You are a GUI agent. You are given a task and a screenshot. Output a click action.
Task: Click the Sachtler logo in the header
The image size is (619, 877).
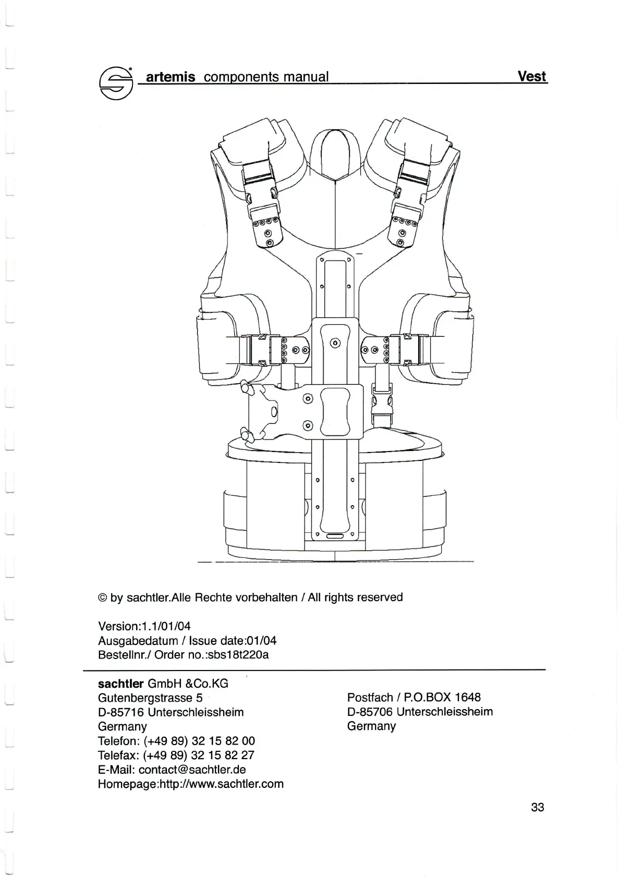pos(115,83)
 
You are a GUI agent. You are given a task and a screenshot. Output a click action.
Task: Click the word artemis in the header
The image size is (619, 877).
pos(171,77)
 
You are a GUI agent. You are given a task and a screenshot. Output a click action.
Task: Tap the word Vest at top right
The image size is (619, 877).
pos(532,76)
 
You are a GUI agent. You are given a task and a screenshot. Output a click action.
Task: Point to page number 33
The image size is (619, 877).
pos(537,807)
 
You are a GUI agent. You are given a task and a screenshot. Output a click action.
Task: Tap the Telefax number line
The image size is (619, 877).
pos(176,755)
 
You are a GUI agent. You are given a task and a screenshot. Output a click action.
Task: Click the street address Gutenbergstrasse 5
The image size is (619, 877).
pos(150,697)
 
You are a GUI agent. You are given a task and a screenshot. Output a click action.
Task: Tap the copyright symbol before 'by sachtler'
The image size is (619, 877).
pos(102,598)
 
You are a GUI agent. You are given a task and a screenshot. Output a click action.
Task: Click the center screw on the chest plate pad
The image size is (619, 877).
pos(335,343)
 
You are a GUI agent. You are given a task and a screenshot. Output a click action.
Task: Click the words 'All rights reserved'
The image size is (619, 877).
pos(355,597)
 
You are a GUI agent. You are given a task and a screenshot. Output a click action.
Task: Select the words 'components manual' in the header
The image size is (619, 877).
pos(266,77)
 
